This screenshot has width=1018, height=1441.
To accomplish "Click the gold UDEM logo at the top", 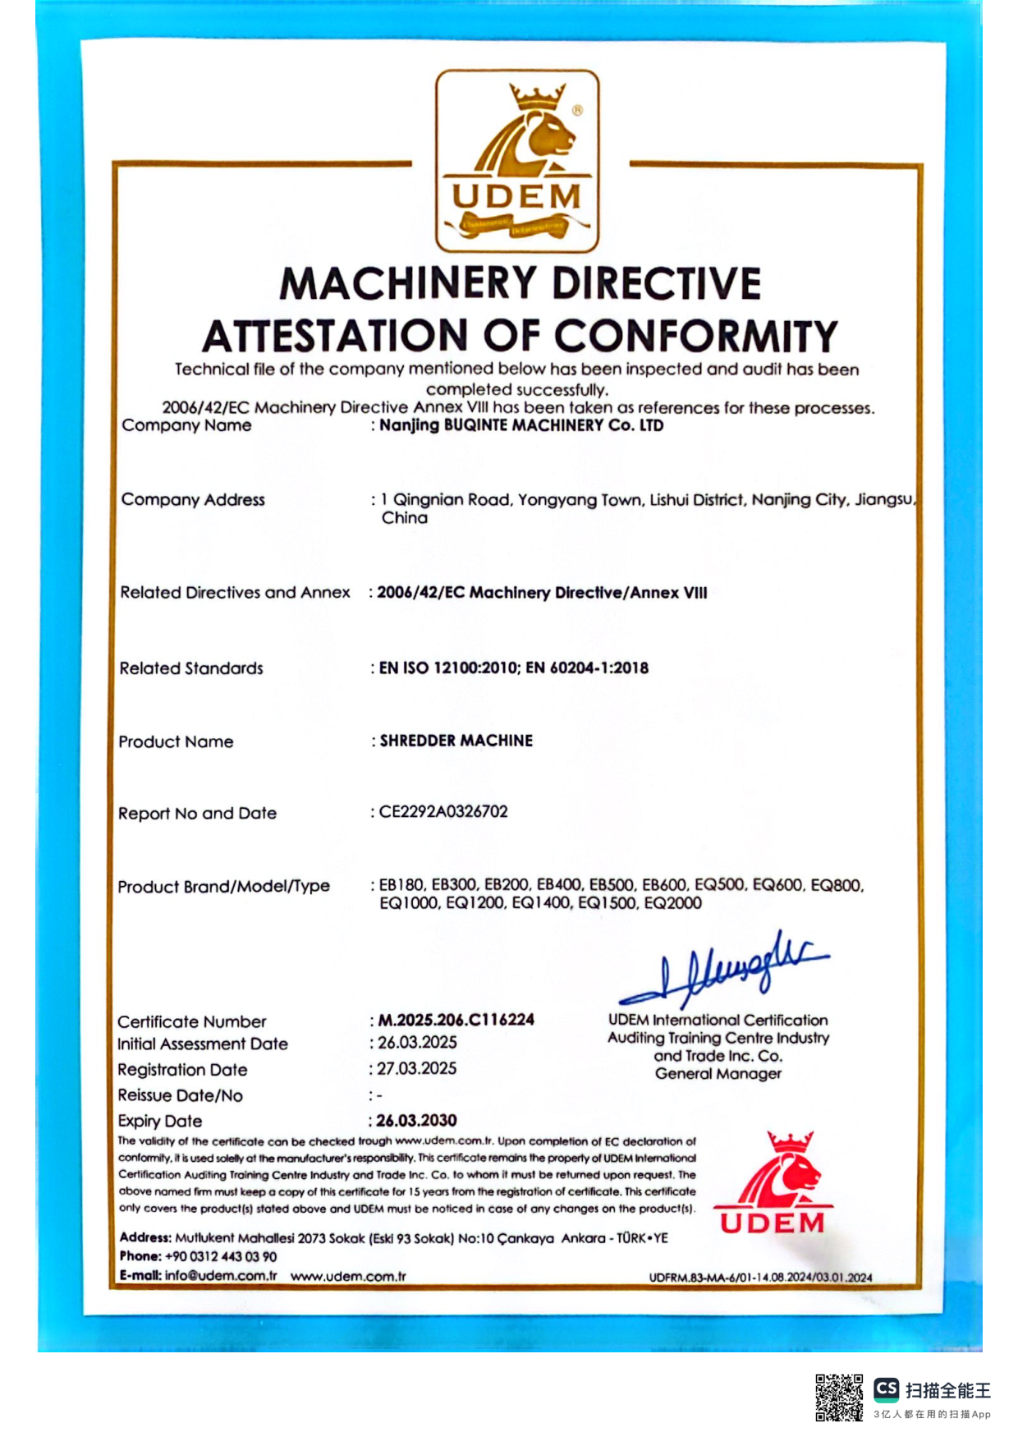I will tap(517, 161).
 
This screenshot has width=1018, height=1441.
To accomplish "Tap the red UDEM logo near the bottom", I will tap(773, 1183).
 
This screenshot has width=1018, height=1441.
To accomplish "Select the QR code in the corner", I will tap(838, 1397).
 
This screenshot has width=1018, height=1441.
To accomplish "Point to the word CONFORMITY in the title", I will tap(695, 337).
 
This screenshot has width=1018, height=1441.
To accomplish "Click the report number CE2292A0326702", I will tap(443, 812).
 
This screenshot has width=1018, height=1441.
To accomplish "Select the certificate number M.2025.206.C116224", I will tap(456, 1020).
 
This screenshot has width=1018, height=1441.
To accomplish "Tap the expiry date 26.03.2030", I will tap(416, 1121).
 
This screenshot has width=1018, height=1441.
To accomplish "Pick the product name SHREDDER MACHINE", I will tap(456, 741).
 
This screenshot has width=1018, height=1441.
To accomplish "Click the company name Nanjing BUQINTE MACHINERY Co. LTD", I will tap(521, 425).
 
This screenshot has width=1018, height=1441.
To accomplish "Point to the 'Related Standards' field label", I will tap(191, 668).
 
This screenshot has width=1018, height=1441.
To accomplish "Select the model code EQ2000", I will tap(673, 903).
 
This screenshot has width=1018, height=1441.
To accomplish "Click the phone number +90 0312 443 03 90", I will tap(221, 1256).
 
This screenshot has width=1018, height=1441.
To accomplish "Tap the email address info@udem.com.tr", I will tap(221, 1275).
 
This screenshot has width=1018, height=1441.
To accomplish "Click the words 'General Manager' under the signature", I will tap(718, 1074).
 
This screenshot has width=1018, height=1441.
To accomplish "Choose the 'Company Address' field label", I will tap(193, 500).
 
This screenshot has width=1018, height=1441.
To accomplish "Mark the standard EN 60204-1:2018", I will tap(587, 668).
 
